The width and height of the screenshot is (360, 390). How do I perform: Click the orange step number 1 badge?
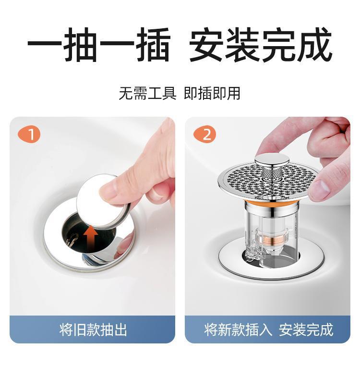click(x=29, y=134)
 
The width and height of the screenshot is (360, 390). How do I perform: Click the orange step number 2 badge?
click(x=204, y=134)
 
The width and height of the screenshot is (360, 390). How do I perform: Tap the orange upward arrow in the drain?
click(x=91, y=237)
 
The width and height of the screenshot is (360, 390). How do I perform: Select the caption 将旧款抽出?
click(x=93, y=330)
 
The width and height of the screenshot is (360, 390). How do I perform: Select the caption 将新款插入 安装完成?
click(x=268, y=330)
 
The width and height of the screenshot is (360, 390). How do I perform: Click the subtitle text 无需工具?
click(x=148, y=94)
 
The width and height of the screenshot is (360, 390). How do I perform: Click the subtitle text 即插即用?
click(x=212, y=94)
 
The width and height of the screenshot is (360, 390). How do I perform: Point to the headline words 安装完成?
click(x=261, y=45)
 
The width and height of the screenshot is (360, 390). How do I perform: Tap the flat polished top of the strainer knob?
click(x=272, y=159)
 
